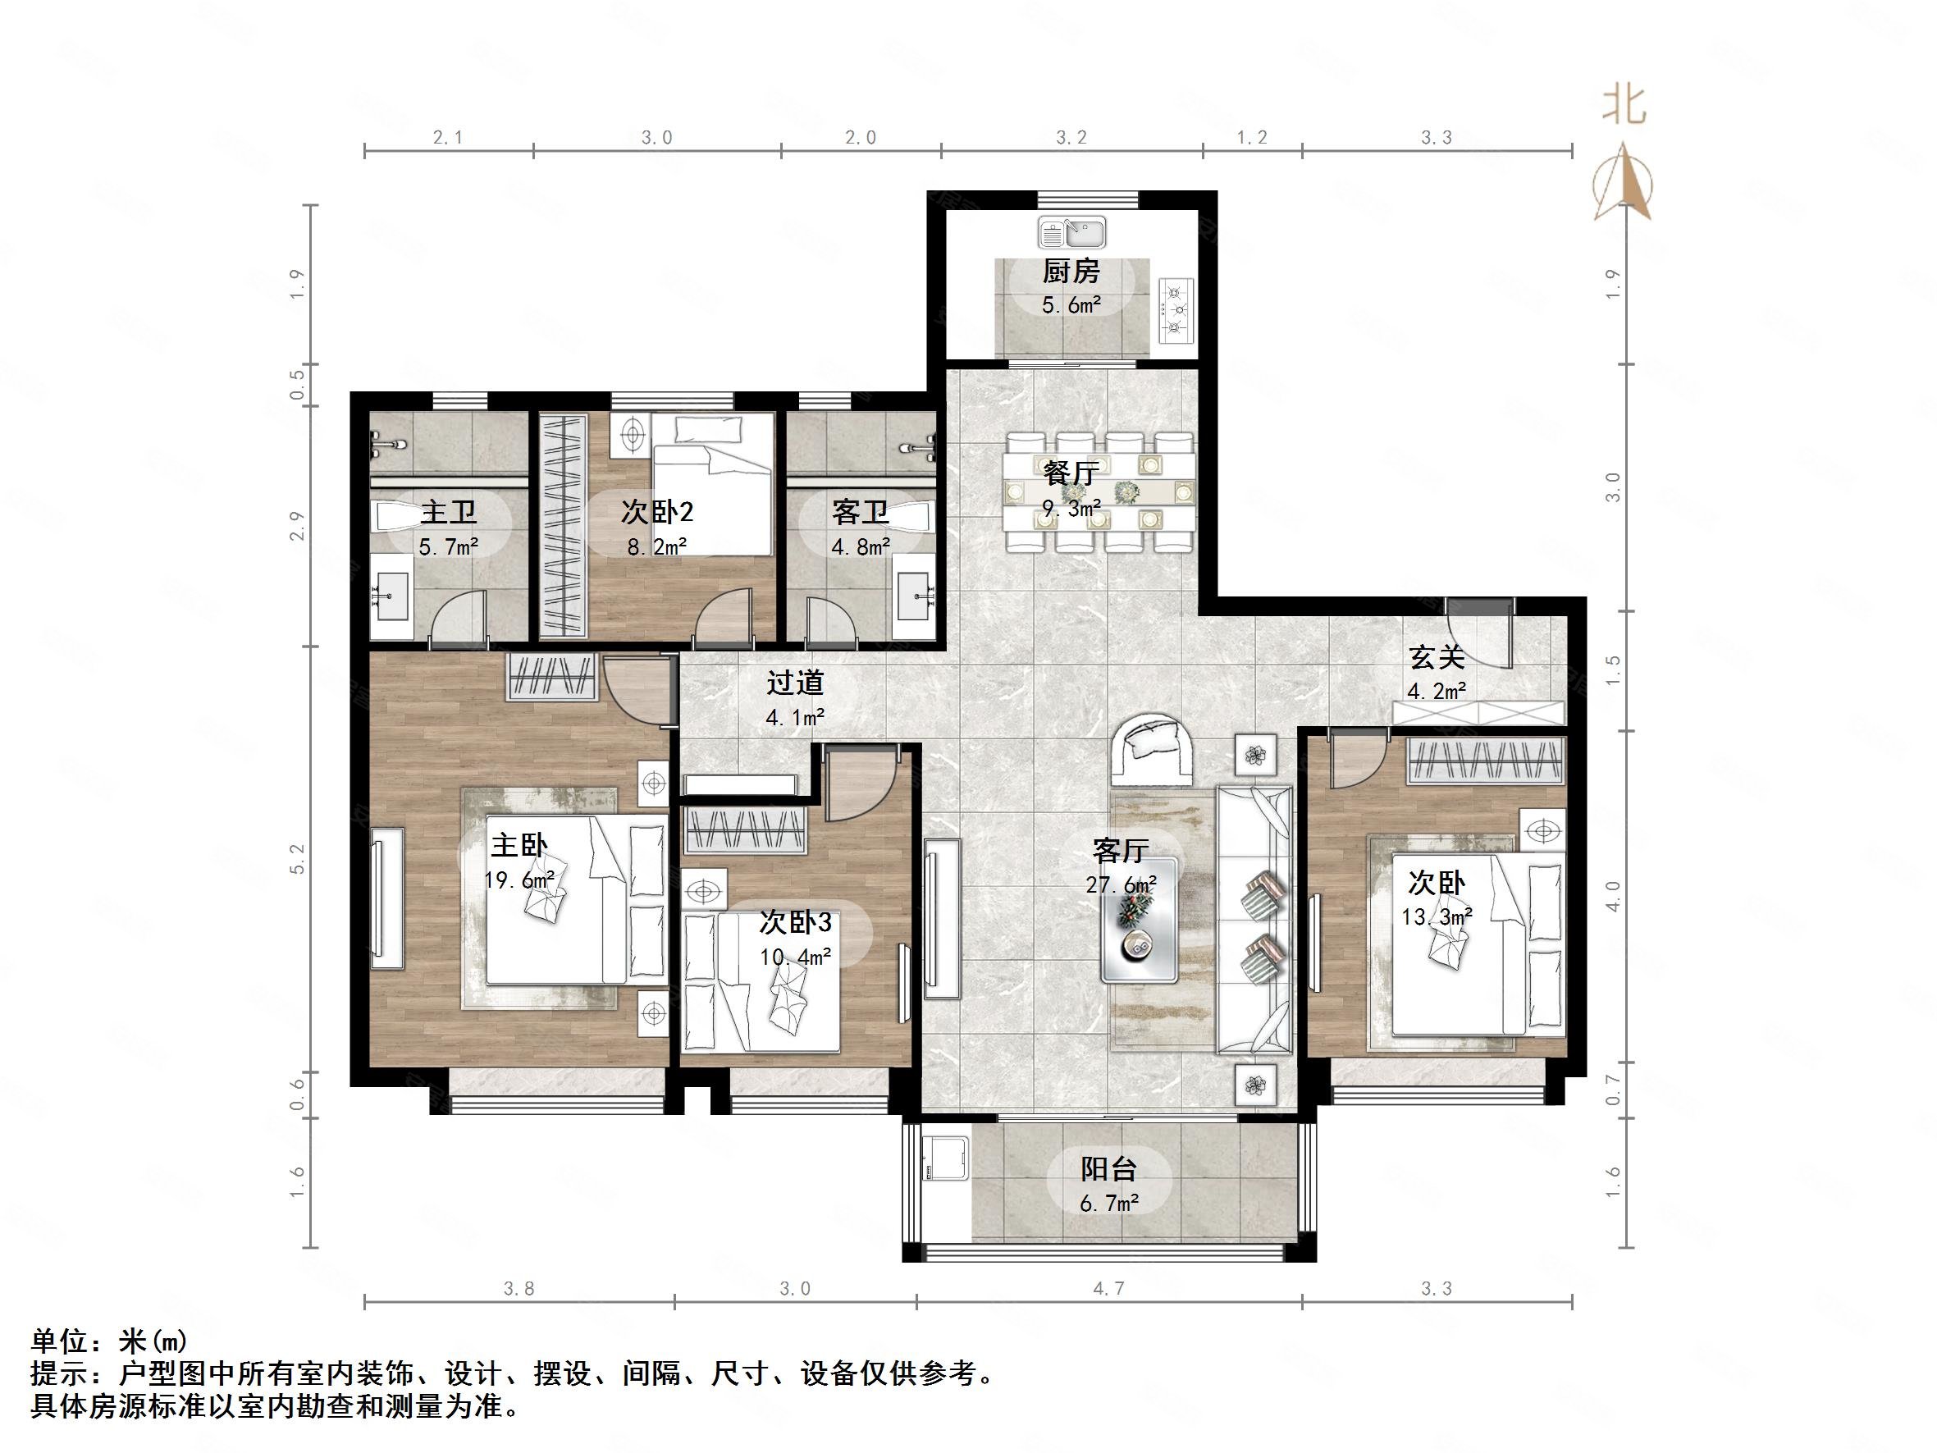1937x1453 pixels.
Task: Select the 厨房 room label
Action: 1071,272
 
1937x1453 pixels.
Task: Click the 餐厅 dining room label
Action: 1071,473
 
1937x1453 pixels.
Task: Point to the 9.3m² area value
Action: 1071,507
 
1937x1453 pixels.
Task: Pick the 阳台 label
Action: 1108,1169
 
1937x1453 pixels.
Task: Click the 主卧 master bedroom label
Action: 519,845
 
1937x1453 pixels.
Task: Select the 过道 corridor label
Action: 795,683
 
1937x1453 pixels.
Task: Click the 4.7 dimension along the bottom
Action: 1108,1288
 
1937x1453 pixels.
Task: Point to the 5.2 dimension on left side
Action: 298,858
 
